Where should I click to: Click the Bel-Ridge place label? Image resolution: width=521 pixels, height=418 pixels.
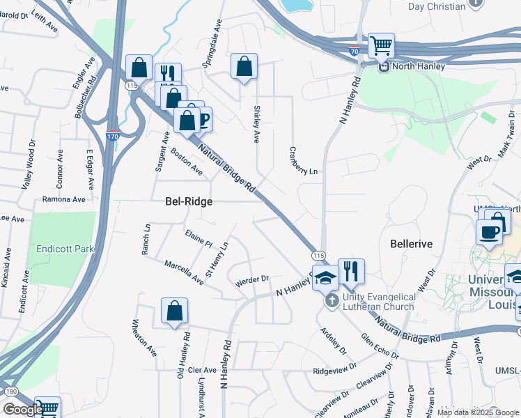[188, 201]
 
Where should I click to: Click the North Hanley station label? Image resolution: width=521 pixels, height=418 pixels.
[417, 67]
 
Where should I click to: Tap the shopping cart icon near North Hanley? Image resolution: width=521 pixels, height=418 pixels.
[381, 46]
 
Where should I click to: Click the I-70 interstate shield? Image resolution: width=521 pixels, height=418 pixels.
[355, 51]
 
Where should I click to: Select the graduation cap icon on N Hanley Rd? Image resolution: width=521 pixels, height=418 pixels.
[325, 277]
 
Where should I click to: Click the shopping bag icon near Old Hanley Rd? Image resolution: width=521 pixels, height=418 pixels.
[174, 311]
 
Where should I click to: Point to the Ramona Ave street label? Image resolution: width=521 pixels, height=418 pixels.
[63, 199]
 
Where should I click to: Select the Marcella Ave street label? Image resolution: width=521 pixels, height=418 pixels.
[184, 273]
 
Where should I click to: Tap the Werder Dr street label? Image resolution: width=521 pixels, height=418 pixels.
[252, 280]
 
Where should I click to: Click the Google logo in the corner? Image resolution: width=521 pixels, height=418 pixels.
[23, 410]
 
